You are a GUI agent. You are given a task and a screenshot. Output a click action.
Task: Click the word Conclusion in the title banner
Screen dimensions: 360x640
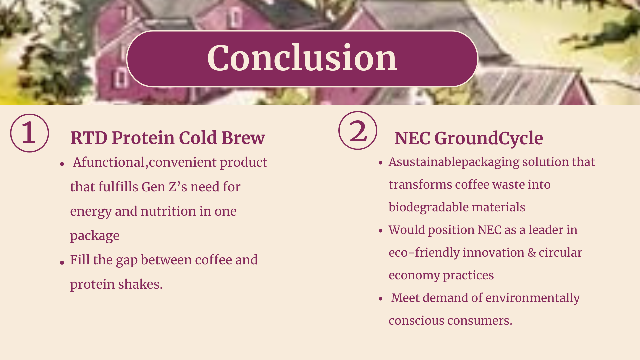pyautogui.click(x=302, y=59)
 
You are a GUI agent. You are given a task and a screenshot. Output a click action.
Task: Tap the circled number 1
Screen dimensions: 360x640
pyautogui.click(x=29, y=133)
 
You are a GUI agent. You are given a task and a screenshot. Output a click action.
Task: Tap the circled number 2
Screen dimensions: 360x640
pyautogui.click(x=358, y=130)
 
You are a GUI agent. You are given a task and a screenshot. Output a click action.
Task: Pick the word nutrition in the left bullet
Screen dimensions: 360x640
pyautogui.click(x=168, y=211)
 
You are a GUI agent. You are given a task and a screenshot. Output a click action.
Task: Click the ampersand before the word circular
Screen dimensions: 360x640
pyautogui.click(x=532, y=253)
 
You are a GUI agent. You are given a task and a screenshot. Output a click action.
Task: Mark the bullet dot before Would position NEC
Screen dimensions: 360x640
pyautogui.click(x=381, y=231)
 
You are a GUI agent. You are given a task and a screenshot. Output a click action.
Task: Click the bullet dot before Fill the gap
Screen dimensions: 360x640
pyautogui.click(x=62, y=263)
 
